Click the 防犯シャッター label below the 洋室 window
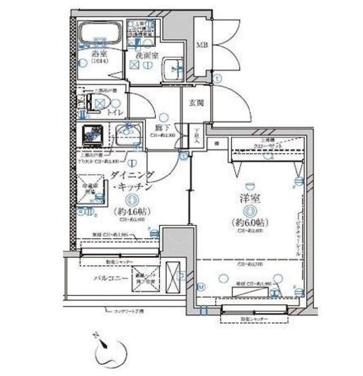point(254,319)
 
